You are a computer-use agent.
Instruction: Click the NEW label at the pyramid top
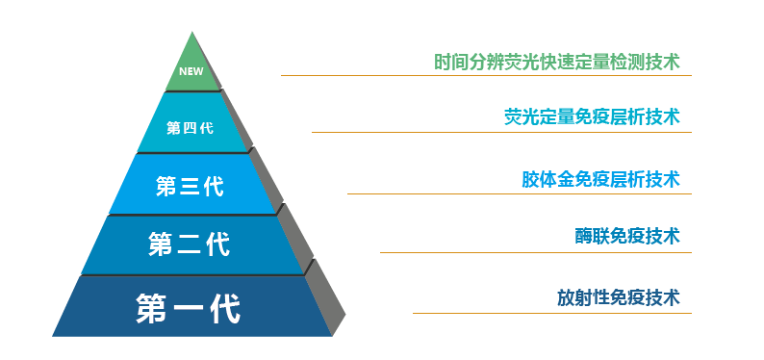[x=190, y=70]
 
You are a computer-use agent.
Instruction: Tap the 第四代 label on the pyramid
[x=190, y=127]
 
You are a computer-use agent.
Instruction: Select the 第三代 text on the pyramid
[x=190, y=186]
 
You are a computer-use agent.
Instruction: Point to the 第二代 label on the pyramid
[x=190, y=244]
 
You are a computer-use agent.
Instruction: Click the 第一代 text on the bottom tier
[x=189, y=308]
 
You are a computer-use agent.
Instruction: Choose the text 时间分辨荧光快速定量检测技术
[x=556, y=63]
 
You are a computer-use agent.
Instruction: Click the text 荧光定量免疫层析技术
[x=592, y=116]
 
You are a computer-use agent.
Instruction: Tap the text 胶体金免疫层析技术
[x=600, y=179]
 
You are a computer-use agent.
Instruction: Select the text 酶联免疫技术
[x=626, y=236]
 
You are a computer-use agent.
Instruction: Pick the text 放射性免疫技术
[x=618, y=297]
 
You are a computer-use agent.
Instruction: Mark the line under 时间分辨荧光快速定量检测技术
[x=486, y=75]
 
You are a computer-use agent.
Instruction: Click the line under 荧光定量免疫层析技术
[x=501, y=132]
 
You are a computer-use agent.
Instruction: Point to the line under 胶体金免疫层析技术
[x=519, y=193]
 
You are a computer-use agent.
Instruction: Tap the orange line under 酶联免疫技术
[x=535, y=252]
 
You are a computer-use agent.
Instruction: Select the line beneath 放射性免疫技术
[x=551, y=313]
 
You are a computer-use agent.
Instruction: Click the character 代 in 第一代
[x=224, y=308]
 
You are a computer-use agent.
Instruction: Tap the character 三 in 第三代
[x=190, y=186]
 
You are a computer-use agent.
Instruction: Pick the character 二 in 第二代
[x=190, y=244]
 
